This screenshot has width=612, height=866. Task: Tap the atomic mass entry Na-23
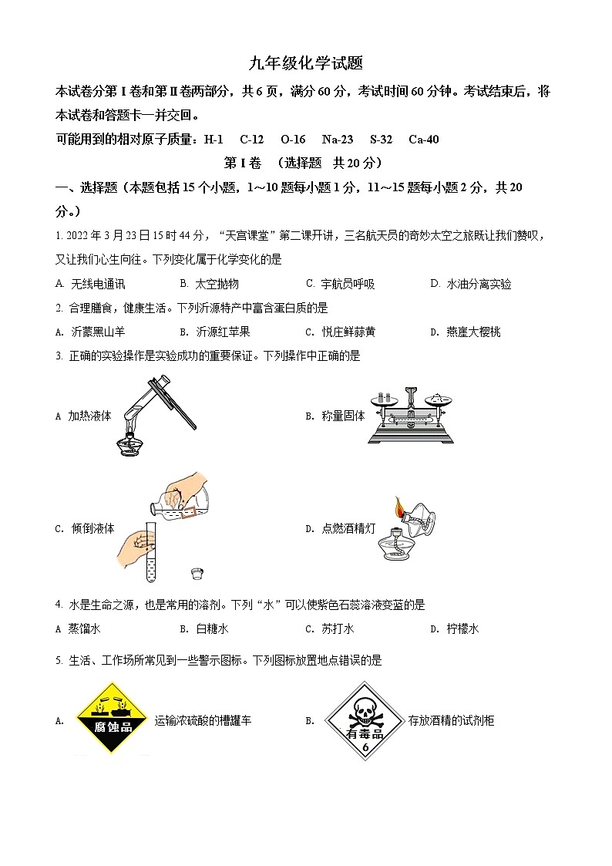338,140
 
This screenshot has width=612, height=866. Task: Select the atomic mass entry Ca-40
423,140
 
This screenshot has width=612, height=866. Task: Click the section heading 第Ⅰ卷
242,163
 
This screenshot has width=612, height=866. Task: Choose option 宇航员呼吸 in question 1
348,284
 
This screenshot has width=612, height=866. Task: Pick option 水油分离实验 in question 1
479,284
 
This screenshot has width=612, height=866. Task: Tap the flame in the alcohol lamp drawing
400,508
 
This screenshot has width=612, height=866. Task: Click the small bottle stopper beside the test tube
198,573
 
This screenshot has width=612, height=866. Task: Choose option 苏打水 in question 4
338,628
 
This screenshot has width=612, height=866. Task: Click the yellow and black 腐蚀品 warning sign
112,718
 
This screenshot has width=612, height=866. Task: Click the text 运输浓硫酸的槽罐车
203,721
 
